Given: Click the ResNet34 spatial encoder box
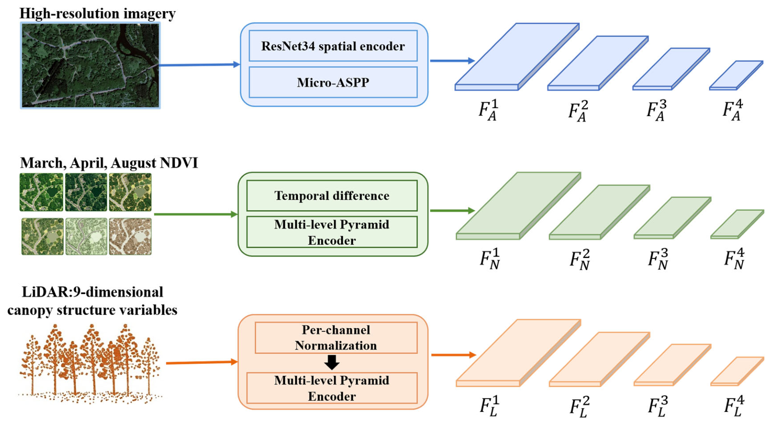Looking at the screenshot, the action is [333, 46].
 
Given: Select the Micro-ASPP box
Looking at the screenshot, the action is [333, 83].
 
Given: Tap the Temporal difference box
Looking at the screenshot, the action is [332, 196].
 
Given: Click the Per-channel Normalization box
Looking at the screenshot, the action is [336, 338].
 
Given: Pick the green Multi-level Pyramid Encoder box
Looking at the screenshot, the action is [332, 232].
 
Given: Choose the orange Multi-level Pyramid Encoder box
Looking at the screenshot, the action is [332, 388].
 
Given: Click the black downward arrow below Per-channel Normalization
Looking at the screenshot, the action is [332, 362].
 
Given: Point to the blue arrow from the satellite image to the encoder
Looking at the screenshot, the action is [200, 65].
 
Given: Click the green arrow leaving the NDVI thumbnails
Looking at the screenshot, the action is [196, 214].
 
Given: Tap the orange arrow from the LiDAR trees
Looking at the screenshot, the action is [202, 362].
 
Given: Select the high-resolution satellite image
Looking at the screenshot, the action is [91, 65].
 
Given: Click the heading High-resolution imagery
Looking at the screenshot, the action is [97, 13].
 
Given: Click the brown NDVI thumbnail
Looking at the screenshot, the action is [130, 237].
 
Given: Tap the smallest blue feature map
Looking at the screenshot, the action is [736, 75].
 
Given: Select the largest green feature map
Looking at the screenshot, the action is [518, 206].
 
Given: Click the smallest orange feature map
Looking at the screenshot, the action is [737, 371].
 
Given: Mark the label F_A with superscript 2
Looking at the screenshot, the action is [578, 111].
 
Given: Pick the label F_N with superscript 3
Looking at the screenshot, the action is [658, 259].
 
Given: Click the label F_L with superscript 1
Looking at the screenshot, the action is [490, 406].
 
